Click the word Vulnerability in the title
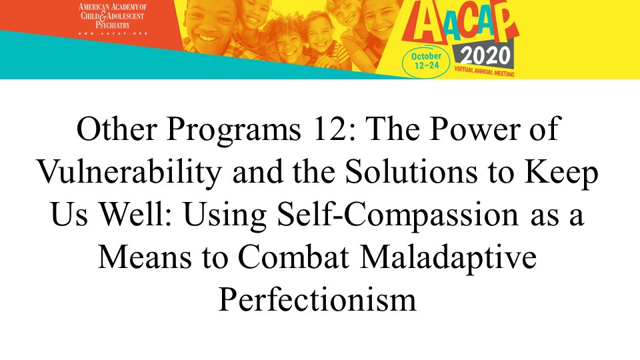(x=129, y=172)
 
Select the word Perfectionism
(x=317, y=300)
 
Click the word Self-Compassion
(x=397, y=215)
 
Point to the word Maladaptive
(x=448, y=257)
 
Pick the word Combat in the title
(x=293, y=257)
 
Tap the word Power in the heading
(x=475, y=129)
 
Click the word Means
(x=145, y=257)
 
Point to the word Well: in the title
(x=138, y=214)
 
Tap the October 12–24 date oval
(x=426, y=61)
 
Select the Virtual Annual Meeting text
(x=484, y=71)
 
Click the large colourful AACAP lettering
(x=461, y=23)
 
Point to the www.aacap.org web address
(x=113, y=33)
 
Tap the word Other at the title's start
(x=117, y=129)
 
